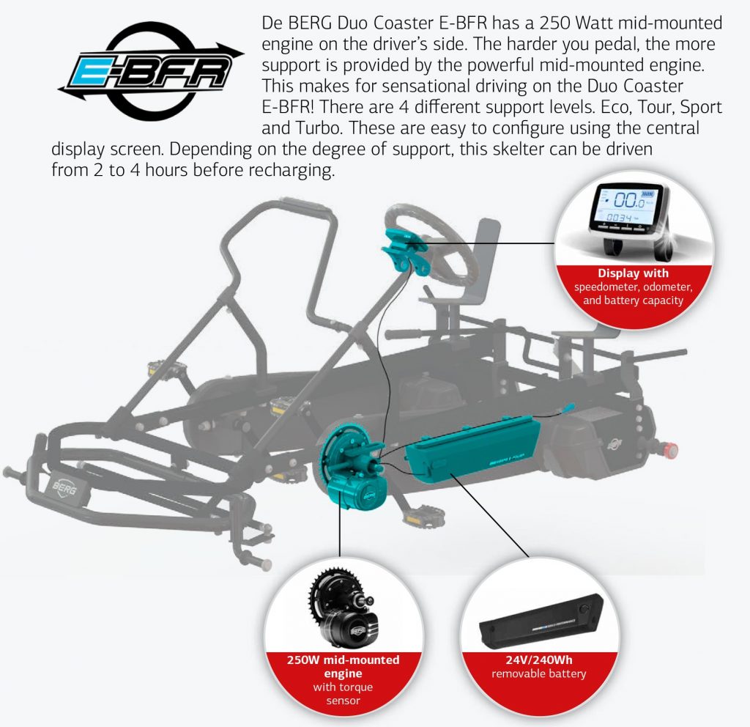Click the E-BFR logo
151,71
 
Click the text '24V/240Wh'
539,660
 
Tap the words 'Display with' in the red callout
633,273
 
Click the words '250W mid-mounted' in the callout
343,660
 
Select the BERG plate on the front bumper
65,489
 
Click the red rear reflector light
669,449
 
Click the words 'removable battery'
539,674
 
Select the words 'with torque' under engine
343,687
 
